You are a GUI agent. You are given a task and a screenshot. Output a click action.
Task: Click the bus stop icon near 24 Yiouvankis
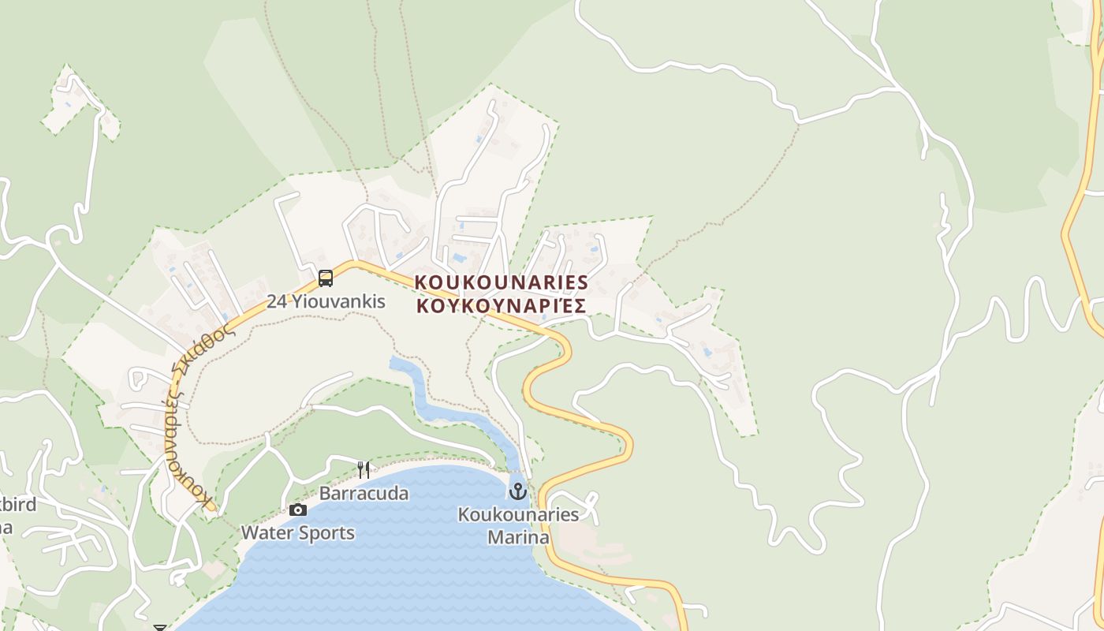pyautogui.click(x=325, y=278)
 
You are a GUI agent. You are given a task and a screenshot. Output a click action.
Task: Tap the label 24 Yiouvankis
pyautogui.click(x=326, y=301)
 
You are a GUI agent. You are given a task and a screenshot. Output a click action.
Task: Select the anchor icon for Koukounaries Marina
pyautogui.click(x=517, y=491)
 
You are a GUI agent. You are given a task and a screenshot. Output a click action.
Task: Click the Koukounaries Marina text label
pyautogui.click(x=518, y=526)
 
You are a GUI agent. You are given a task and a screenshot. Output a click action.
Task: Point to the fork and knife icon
pyautogui.click(x=364, y=470)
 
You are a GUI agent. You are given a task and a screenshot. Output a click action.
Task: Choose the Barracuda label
pyautogui.click(x=364, y=494)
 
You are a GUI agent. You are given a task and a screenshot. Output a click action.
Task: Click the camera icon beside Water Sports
pyautogui.click(x=298, y=510)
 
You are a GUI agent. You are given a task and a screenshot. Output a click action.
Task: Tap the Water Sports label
pyautogui.click(x=297, y=533)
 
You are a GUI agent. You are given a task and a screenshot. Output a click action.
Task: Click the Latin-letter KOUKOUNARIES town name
pyautogui.click(x=502, y=282)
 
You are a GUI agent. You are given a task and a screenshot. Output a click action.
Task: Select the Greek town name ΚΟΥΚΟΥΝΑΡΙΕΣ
pyautogui.click(x=502, y=306)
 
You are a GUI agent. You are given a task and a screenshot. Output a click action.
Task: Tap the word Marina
pyautogui.click(x=518, y=538)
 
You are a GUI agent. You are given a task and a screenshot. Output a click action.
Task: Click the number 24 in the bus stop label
pyautogui.click(x=276, y=301)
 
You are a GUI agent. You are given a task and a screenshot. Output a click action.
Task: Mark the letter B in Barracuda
pyautogui.click(x=325, y=494)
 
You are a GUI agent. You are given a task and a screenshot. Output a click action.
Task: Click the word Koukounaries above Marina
pyautogui.click(x=518, y=515)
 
